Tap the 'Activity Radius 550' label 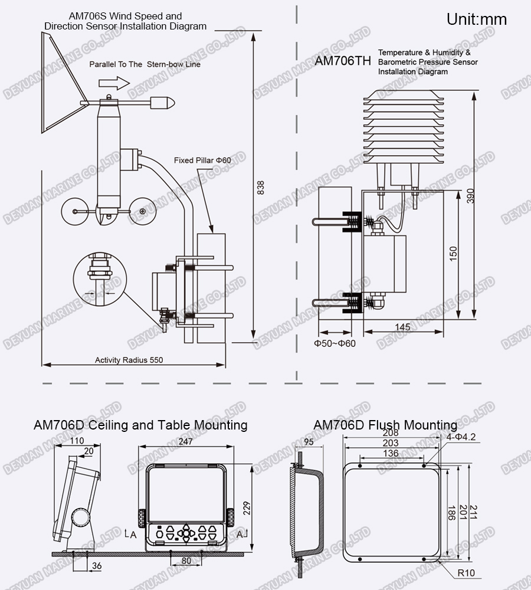tap(129, 360)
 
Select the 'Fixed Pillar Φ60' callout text tap(202, 160)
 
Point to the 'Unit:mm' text tap(476, 19)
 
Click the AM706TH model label tap(343, 60)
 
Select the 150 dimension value tap(453, 254)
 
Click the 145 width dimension tap(403, 327)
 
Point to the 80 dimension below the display tap(186, 561)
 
